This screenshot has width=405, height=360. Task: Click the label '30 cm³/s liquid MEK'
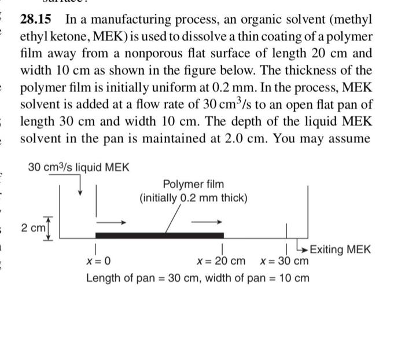pyautogui.click(x=79, y=168)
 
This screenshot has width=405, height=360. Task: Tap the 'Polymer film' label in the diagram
pyautogui.click(x=193, y=185)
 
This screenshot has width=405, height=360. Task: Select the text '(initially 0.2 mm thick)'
pyautogui.click(x=193, y=199)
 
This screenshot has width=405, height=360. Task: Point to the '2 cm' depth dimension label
pyautogui.click(x=32, y=227)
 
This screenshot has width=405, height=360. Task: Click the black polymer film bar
pyautogui.click(x=159, y=235)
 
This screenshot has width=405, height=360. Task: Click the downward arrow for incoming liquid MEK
pyautogui.click(x=80, y=185)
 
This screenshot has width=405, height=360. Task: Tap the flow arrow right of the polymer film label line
pyautogui.click(x=207, y=221)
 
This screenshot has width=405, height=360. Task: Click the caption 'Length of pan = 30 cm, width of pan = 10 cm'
pyautogui.click(x=198, y=278)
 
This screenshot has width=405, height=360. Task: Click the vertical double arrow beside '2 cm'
pyautogui.click(x=47, y=227)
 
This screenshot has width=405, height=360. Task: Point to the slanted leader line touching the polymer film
pyautogui.click(x=172, y=221)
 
